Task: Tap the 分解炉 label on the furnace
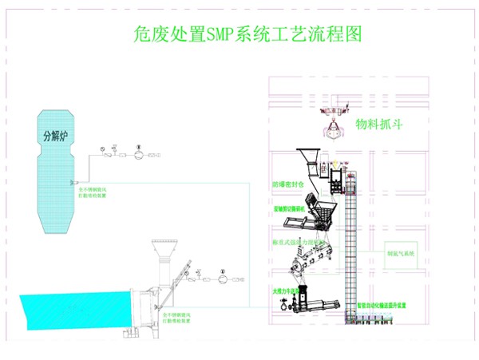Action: coord(57,135)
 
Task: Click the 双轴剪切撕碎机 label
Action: coord(288,208)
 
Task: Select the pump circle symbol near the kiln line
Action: coord(221,280)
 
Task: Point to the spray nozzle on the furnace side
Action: coord(73,180)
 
